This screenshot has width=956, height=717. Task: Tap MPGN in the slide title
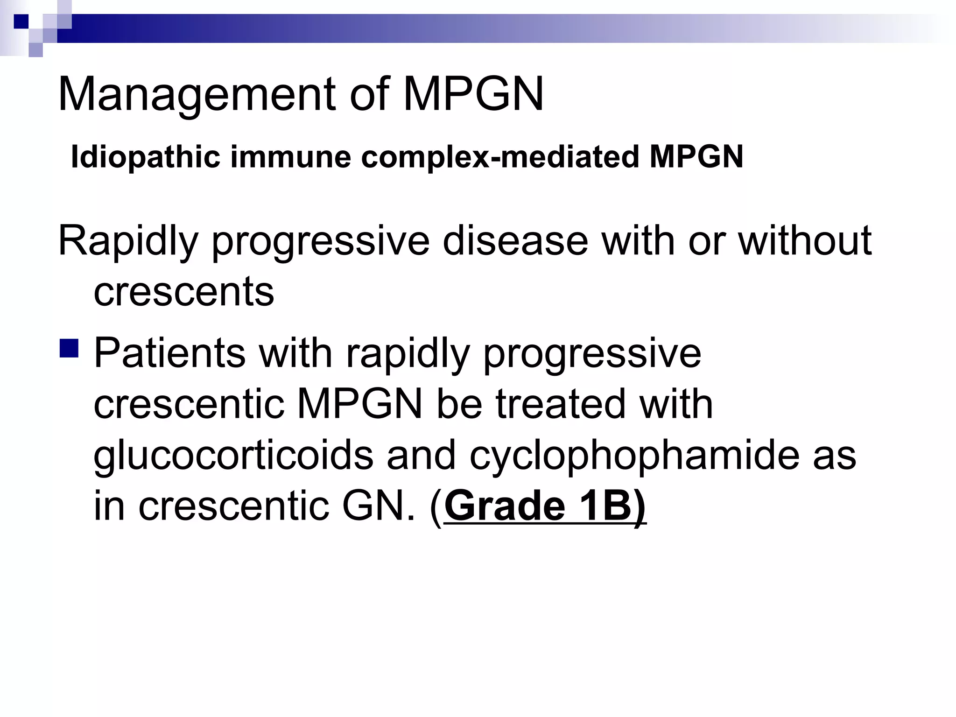coord(473,94)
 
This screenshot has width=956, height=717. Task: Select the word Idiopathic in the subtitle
coord(145,157)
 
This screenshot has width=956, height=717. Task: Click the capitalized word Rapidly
coord(128,242)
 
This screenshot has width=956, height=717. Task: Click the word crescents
coord(184,292)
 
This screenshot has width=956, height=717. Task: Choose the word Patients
coord(169,353)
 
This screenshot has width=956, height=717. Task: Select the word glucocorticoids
coord(233,456)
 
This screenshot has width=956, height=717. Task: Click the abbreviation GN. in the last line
coord(379,506)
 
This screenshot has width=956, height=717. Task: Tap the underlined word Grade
coord(505,506)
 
